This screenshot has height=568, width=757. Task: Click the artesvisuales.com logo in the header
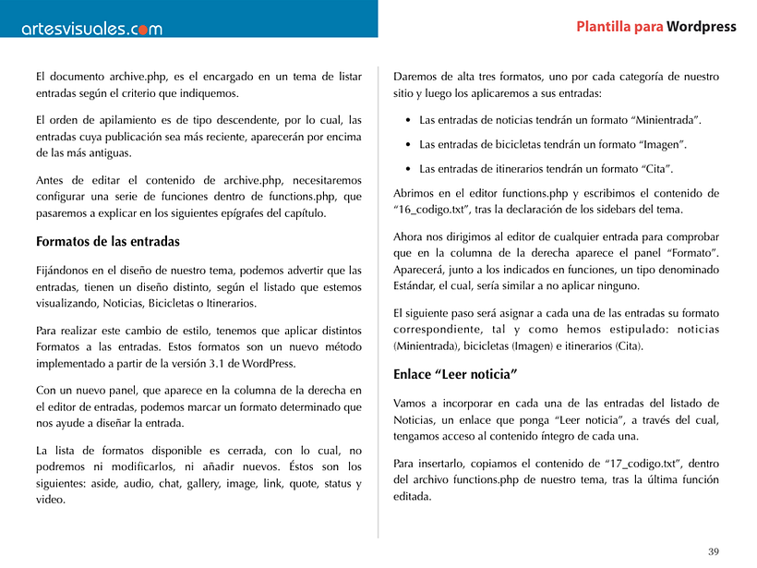[x=91, y=29]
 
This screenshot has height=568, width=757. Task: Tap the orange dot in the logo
[x=135, y=30]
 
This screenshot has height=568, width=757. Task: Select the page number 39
[x=714, y=551]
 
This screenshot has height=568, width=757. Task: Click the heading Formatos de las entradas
[x=107, y=242]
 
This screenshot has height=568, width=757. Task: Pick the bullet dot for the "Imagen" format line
[x=408, y=145]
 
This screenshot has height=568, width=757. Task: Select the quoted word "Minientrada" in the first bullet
[x=665, y=120]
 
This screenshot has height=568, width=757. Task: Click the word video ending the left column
[x=50, y=500]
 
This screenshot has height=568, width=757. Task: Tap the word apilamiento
[x=132, y=120]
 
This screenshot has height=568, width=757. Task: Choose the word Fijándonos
[x=67, y=270]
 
